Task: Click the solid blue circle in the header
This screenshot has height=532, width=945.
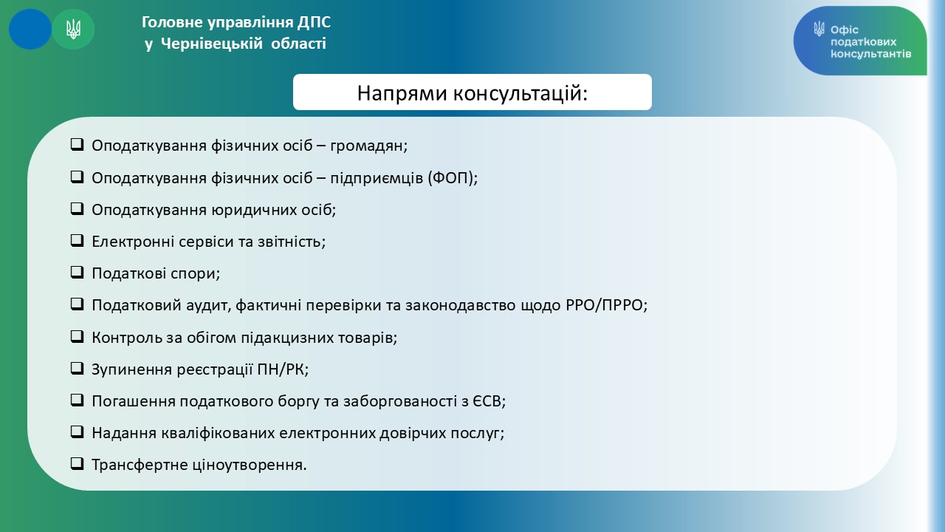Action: (30, 29)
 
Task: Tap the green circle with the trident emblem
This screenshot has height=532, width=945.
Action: (73, 29)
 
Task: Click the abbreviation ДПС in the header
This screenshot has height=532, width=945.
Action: (314, 22)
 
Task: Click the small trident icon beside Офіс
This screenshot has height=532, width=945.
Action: (819, 29)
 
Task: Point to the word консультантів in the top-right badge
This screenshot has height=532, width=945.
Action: (870, 54)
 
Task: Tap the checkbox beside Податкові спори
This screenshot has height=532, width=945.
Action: (77, 273)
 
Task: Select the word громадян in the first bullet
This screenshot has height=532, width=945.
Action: (368, 146)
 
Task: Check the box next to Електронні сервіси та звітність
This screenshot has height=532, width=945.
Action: (77, 240)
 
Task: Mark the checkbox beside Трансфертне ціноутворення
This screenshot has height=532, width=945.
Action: (77, 463)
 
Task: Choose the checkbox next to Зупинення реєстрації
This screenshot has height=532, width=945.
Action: (77, 368)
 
